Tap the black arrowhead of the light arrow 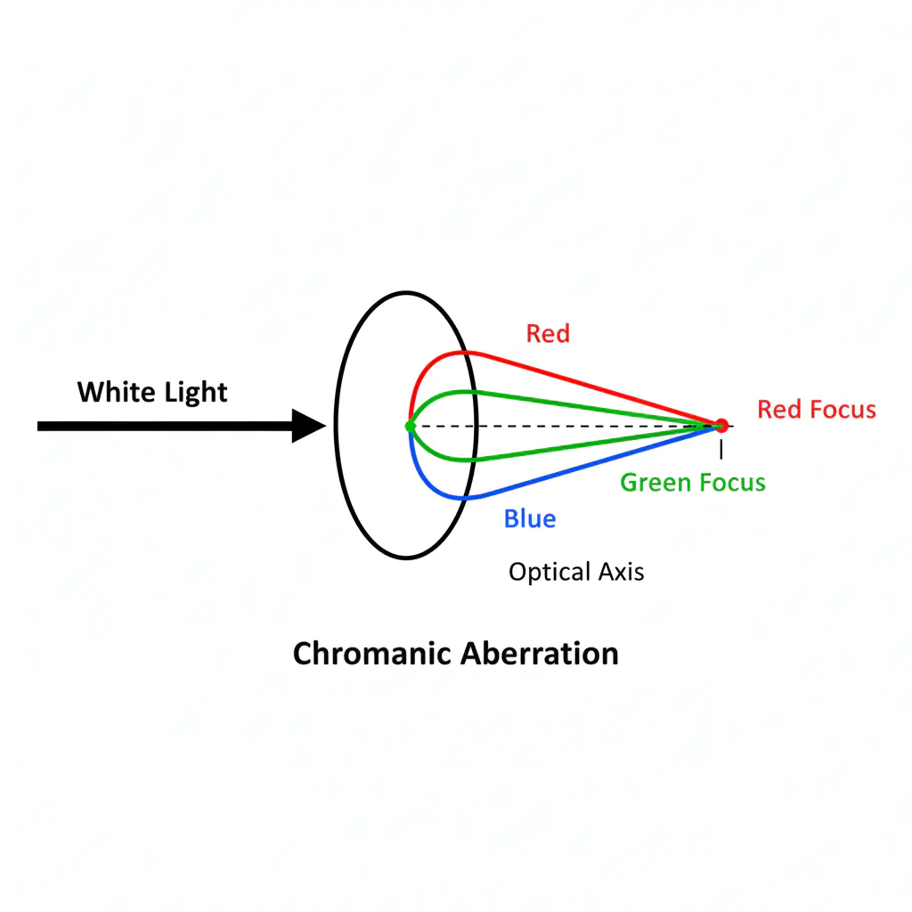pos(308,426)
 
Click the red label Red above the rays pos(548,334)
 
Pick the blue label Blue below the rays pos(530,518)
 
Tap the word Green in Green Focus pos(653,483)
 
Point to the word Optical pos(544,572)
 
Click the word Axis pos(623,572)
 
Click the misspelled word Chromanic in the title pos(372,654)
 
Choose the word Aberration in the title pos(540,654)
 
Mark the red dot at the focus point pos(721,426)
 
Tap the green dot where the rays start pos(410,427)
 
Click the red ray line pos(588,385)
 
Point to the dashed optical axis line pos(579,427)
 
